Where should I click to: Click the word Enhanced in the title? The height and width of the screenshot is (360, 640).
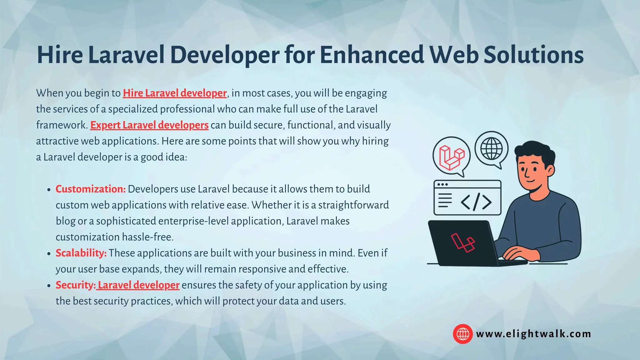coord(372,55)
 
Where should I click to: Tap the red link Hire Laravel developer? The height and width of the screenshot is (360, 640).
coord(175,93)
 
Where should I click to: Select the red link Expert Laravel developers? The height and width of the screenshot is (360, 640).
coord(149,125)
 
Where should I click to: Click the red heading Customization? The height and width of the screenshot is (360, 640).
coord(91,189)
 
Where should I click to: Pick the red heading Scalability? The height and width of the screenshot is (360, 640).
coord(81,253)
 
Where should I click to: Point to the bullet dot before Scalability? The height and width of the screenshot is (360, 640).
coord(48,253)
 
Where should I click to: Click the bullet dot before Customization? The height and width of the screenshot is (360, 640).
coord(48,190)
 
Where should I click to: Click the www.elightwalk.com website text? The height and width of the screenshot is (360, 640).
coord(533,334)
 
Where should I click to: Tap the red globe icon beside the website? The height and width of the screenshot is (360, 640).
coord(463,334)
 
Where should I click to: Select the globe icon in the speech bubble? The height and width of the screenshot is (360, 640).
coord(492,149)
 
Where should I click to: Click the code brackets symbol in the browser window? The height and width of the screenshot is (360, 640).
coord(476,202)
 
